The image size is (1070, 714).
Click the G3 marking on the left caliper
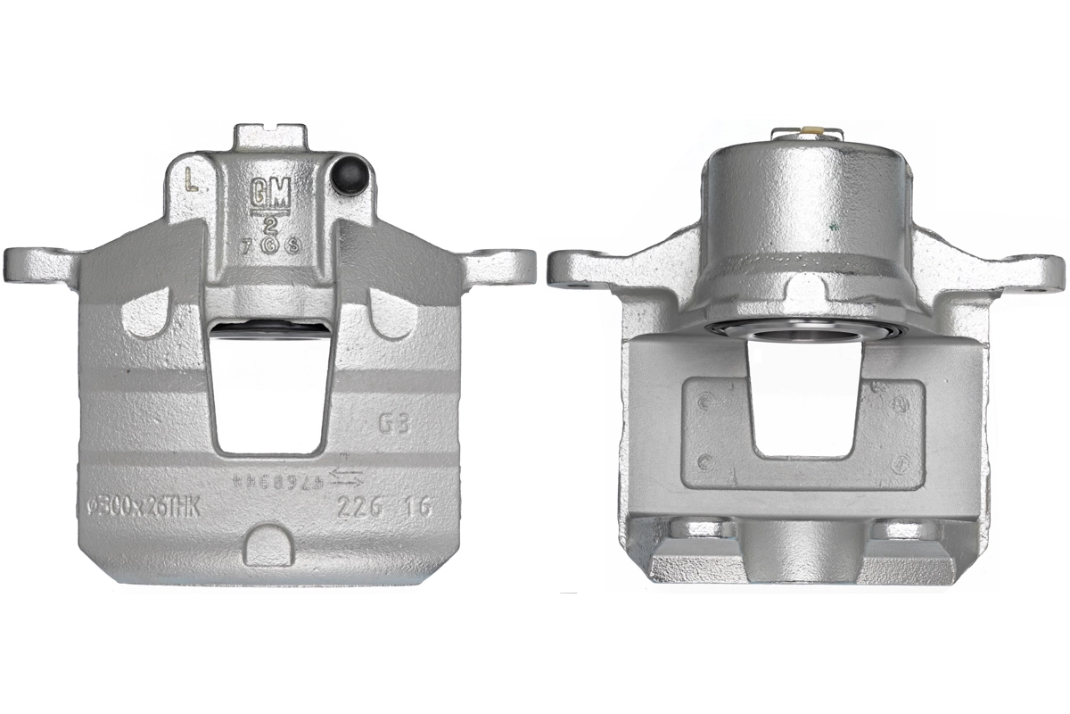(394, 423)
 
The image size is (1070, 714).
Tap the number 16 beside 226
(416, 507)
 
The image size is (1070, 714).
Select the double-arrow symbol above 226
(346, 478)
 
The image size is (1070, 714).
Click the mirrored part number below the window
(267, 480)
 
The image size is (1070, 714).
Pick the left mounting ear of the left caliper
(36, 264)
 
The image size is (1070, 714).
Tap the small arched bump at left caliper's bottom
(267, 545)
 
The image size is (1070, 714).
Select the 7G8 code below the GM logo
(267, 244)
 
